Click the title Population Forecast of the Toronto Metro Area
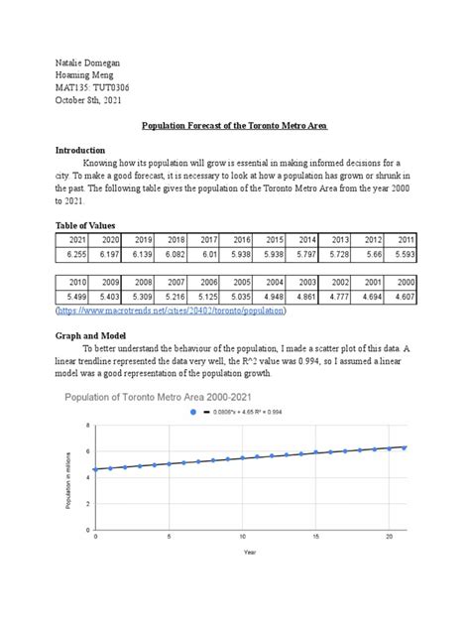pyautogui.click(x=236, y=127)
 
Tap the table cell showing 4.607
pyautogui.click(x=403, y=296)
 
